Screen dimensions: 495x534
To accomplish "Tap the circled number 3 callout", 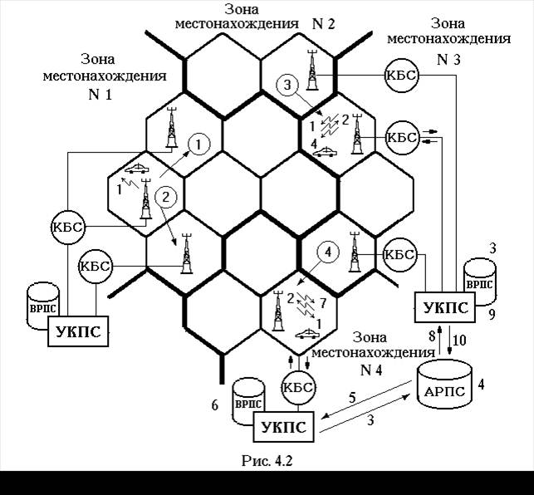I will tap(286, 86).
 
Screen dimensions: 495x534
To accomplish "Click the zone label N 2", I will tap(323, 24).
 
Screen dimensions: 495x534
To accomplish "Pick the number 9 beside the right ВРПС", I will tap(492, 315).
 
